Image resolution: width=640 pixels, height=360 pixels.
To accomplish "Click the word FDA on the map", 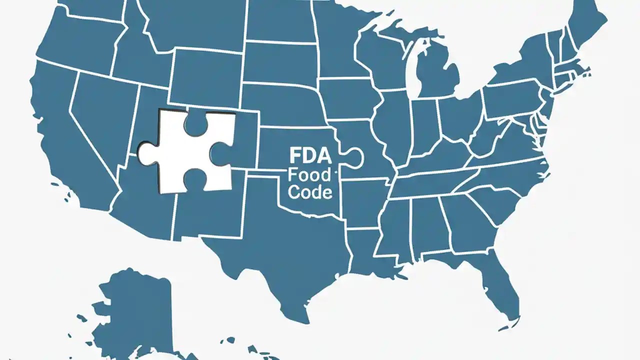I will pos(310,156).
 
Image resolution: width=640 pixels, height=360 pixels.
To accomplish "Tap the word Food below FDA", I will pos(310,174).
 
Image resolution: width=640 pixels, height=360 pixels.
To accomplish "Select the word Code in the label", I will pos(310,192).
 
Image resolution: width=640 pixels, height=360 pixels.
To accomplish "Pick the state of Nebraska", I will pos(285,105).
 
